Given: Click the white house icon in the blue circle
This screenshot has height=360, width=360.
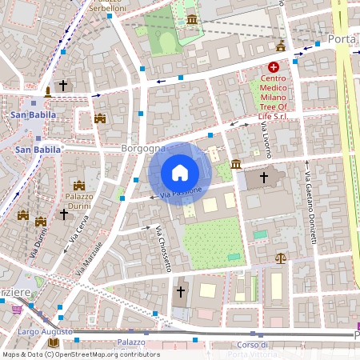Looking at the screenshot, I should pyautogui.click(x=180, y=172).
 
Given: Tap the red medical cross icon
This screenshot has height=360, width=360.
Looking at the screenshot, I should pyautogui.click(x=274, y=68).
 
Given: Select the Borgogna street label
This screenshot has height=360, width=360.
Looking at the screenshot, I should pyautogui.click(x=143, y=149).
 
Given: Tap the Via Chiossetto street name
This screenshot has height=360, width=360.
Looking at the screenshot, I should pyautogui.click(x=163, y=250).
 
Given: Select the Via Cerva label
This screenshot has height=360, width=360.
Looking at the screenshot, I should pyautogui.click(x=78, y=232).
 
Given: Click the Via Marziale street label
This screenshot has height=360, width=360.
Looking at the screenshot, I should pyautogui.click(x=90, y=258).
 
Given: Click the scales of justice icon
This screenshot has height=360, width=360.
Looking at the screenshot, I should pyautogui.click(x=280, y=258).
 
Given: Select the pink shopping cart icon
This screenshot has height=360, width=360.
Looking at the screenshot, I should pyautogui.click(x=17, y=309).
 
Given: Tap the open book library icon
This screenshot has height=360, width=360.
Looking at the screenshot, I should pyautogui.click(x=54, y=342).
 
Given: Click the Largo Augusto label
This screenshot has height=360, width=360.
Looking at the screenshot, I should pyautogui.click(x=46, y=331).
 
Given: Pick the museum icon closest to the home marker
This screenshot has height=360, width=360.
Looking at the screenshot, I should pyautogui.click(x=236, y=164).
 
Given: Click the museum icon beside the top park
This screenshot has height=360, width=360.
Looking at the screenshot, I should pyautogui.click(x=191, y=19).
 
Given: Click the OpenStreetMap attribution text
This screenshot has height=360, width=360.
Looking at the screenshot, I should pyautogui.click(x=80, y=354).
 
